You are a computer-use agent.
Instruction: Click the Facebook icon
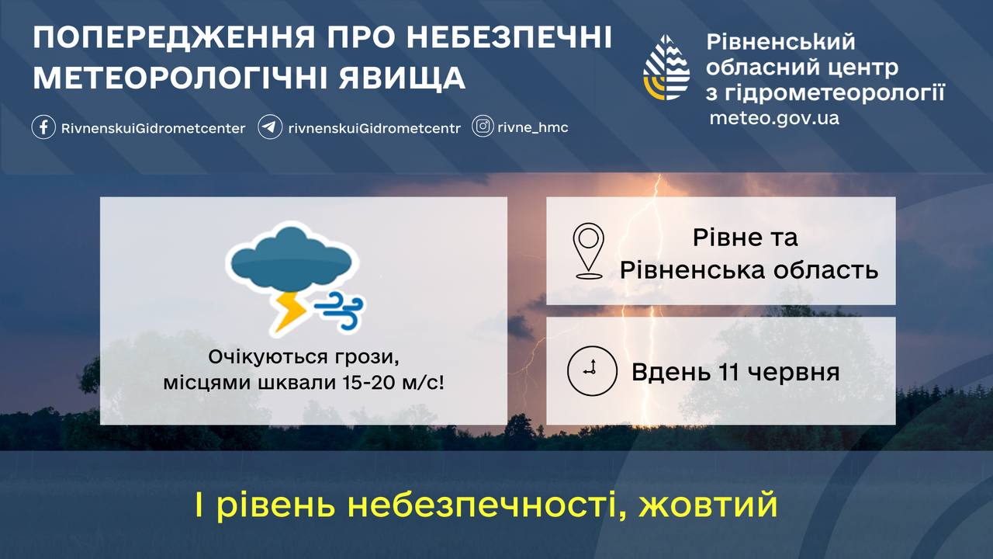pos(43,127)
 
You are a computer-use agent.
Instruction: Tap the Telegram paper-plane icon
pos(270,127)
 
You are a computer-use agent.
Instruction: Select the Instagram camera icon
pos(483,127)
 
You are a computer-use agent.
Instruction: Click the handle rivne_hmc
pos(533,127)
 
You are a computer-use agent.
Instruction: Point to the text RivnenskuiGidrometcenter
pos(153,128)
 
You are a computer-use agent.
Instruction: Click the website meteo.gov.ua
pos(774,118)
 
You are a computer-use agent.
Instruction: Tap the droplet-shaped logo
pos(666,68)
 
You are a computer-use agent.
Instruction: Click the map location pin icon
pos(588,251)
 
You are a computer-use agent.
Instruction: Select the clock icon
pos(592,371)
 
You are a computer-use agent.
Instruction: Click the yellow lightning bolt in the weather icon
pos(289,311)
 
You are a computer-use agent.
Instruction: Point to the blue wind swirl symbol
pos(339,310)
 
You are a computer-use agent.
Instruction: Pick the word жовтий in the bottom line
pos(708,505)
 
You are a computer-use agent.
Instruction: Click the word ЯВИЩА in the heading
pos(402,78)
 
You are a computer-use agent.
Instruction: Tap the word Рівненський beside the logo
pos(780,42)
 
